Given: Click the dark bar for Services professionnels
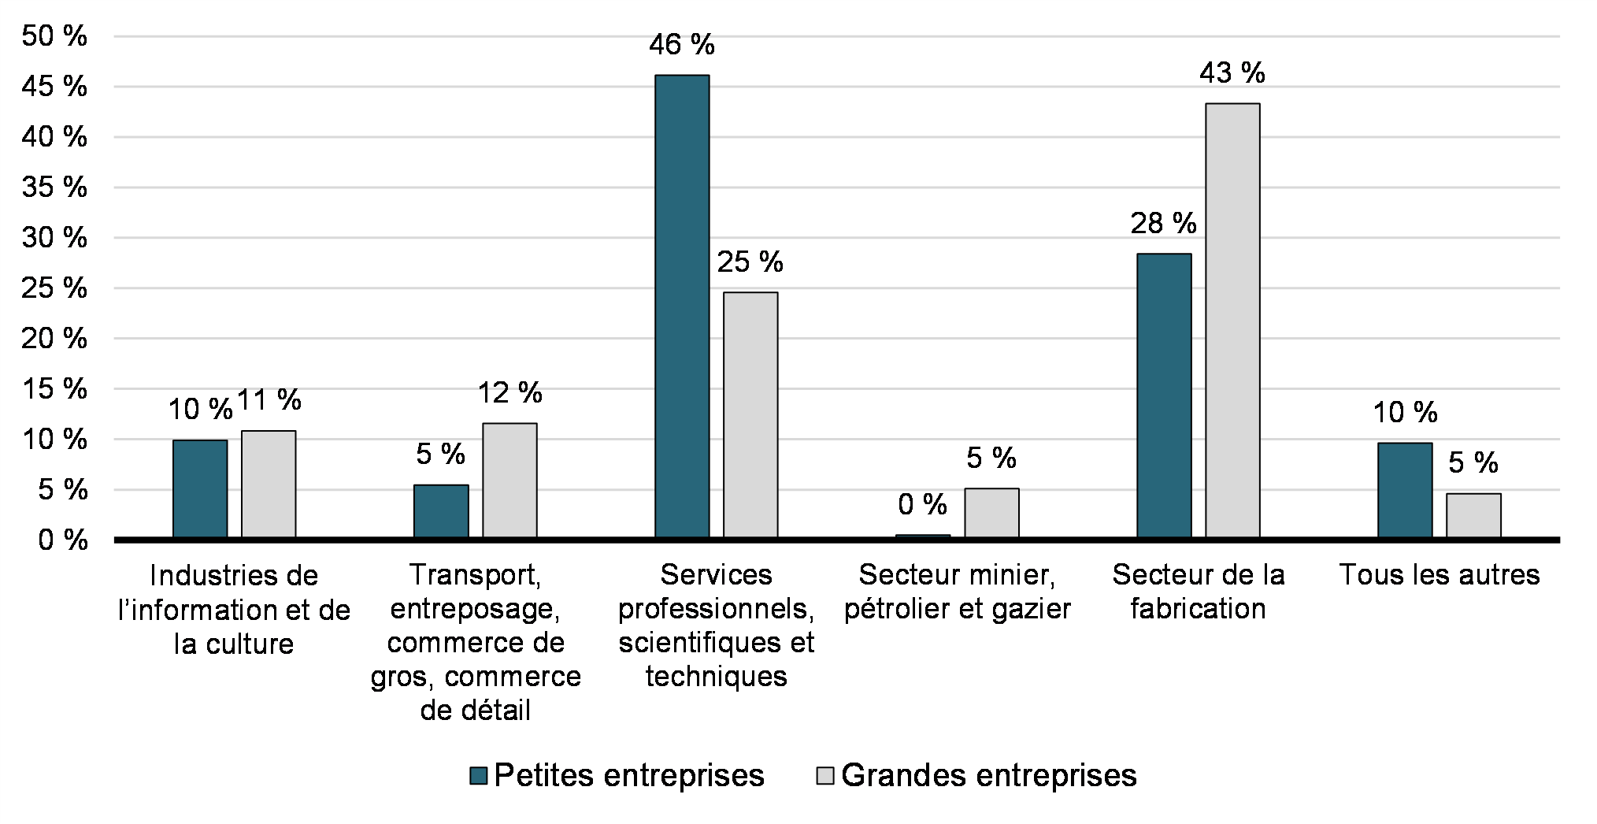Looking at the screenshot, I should click(x=682, y=306).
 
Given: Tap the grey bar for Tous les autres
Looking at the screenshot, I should click(x=1473, y=515).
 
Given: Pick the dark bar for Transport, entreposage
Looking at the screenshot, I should click(x=441, y=511).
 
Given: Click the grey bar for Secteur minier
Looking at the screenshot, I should click(x=991, y=513).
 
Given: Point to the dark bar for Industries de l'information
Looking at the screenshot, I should click(x=200, y=488).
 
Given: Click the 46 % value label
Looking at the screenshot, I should click(x=682, y=45).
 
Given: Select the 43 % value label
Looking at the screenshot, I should click(x=1232, y=73).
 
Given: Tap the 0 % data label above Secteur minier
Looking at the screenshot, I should click(x=922, y=504).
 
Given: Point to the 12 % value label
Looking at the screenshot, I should click(x=510, y=392).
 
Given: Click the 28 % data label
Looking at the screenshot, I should click(x=1163, y=224).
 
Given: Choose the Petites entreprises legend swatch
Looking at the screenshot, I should click(x=478, y=776).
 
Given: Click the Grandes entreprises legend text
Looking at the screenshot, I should click(x=988, y=776).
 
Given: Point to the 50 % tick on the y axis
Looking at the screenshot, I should click(x=54, y=36).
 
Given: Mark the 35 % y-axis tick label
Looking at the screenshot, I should click(x=54, y=187).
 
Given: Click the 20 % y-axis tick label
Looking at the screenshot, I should click(x=54, y=339).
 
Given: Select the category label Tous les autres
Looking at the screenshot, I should click(x=1439, y=575).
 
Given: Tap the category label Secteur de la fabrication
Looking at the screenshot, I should click(x=1198, y=592).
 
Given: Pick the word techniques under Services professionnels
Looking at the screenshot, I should click(x=716, y=677).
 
